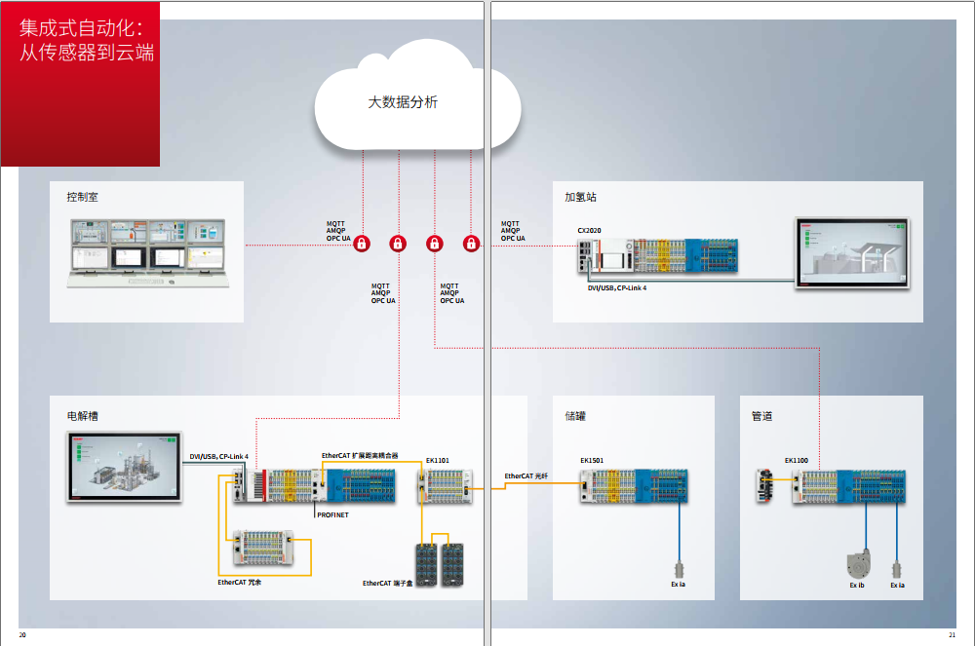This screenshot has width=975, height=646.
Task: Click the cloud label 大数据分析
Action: pyautogui.click(x=402, y=101)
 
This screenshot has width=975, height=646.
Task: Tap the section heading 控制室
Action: pyautogui.click(x=82, y=197)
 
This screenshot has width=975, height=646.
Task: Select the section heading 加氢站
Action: pyautogui.click(x=580, y=197)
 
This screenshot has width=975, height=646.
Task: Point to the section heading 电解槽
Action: pyautogui.click(x=82, y=416)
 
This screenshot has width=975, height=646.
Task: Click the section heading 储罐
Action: pyautogui.click(x=575, y=416)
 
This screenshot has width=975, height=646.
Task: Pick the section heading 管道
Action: pyautogui.click(x=761, y=416)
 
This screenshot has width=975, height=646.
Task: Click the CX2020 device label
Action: pyautogui.click(x=589, y=231)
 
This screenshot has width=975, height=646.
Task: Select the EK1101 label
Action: pyautogui.click(x=437, y=460)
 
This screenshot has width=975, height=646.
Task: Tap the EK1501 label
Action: pyautogui.click(x=592, y=460)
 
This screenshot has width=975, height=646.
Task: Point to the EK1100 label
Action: pyautogui.click(x=797, y=460)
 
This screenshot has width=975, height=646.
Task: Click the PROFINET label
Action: pyautogui.click(x=332, y=513)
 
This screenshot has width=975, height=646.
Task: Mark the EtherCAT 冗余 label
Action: pyautogui.click(x=239, y=582)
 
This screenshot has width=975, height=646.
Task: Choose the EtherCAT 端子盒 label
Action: pyautogui.click(x=387, y=583)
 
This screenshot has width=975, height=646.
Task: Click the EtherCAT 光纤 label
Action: pyautogui.click(x=526, y=476)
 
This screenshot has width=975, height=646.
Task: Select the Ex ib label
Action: pyautogui.click(x=857, y=586)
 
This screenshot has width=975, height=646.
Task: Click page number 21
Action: pyautogui.click(x=952, y=635)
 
